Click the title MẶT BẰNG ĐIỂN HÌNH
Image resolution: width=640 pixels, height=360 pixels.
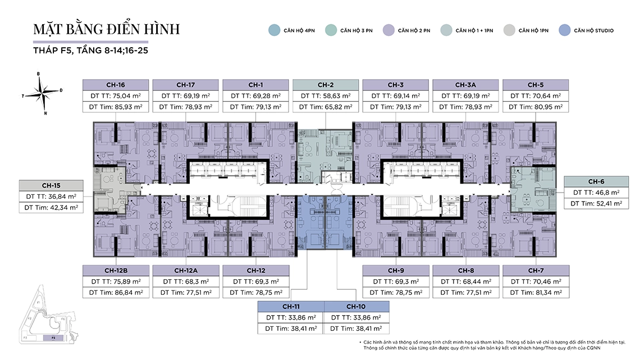point(107,29)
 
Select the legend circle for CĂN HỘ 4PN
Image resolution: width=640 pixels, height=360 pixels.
point(274,30)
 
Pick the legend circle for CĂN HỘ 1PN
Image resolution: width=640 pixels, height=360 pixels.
point(509,30)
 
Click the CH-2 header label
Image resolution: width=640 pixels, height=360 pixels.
point(326,85)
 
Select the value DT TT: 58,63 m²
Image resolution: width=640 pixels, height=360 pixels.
point(326,95)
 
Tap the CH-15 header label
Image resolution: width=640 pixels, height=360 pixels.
point(51,185)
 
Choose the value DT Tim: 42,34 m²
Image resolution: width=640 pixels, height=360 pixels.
point(51,207)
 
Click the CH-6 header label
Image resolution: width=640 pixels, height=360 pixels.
point(596,181)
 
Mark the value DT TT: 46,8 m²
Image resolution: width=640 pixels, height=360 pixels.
point(596,193)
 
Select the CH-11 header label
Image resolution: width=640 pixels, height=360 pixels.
point(291,307)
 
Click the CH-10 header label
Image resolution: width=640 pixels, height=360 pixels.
point(356,307)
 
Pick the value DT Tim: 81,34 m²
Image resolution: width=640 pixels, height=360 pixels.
point(535,292)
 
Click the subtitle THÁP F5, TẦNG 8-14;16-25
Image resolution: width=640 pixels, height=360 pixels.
point(90,51)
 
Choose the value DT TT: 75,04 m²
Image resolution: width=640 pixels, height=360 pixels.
point(116,95)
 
